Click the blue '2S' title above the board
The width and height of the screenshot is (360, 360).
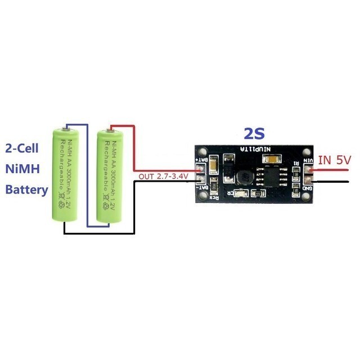(254, 134)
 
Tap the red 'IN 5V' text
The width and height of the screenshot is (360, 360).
(334, 160)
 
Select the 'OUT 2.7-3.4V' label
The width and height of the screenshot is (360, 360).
(163, 177)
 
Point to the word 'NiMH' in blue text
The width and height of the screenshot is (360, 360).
(21, 169)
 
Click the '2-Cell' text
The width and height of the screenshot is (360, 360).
(24, 149)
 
